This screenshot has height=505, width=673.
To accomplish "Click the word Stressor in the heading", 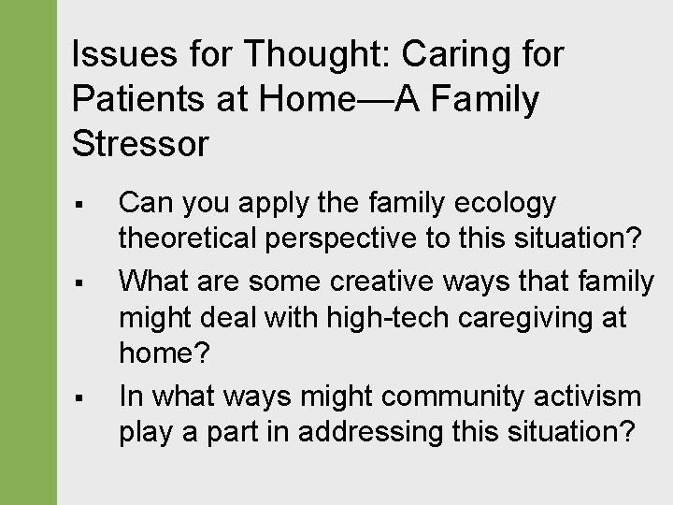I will click(x=140, y=143).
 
